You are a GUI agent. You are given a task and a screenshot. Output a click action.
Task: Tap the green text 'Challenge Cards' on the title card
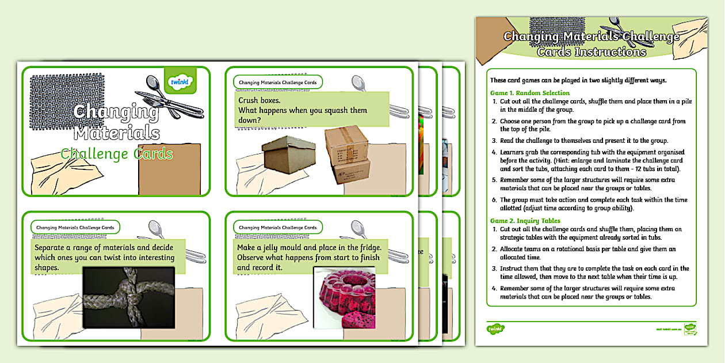(117, 154)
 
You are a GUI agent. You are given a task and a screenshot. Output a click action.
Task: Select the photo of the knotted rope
(128, 297)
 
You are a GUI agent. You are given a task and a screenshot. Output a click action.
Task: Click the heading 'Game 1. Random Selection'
(530, 93)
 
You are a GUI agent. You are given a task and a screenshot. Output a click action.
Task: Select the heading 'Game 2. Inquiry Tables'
(525, 221)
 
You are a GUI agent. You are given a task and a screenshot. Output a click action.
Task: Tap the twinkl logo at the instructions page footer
(495, 328)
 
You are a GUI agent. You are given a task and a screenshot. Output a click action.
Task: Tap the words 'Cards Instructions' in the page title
(592, 52)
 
